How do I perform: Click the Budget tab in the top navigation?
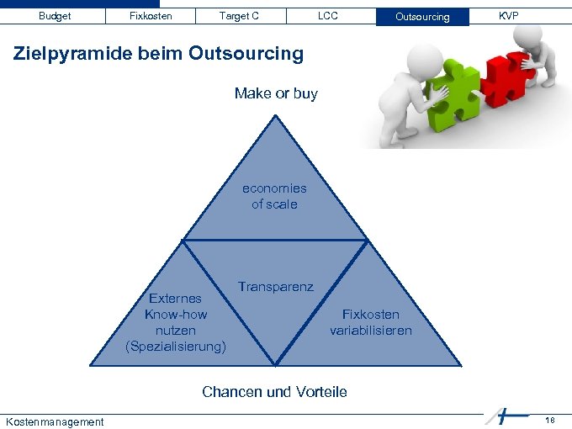[55, 16]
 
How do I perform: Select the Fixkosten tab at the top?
[151, 16]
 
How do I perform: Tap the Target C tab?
[239, 16]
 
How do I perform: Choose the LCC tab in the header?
[328, 16]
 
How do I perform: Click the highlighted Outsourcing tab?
[422, 17]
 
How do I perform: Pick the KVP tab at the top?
[508, 16]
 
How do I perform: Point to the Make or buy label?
[276, 93]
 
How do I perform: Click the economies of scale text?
[274, 196]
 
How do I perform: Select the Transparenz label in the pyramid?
[275, 287]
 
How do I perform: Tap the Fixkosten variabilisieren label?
[371, 322]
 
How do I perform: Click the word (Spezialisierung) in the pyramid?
[176, 346]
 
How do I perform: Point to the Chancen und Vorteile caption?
[274, 392]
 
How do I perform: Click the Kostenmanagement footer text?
[55, 421]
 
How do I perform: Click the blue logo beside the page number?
[505, 416]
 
